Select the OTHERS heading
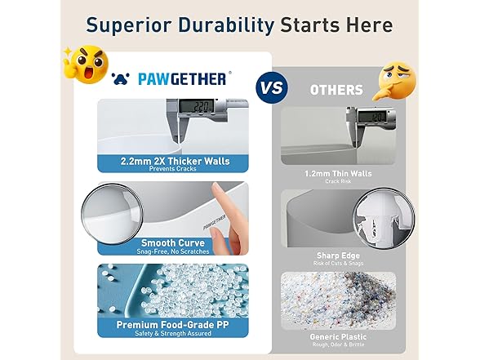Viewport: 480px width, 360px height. [336, 89]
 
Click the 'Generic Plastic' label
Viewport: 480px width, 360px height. [339, 335]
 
